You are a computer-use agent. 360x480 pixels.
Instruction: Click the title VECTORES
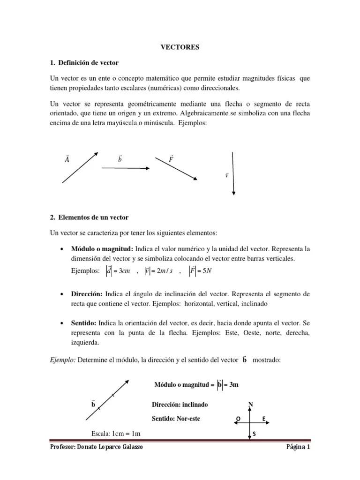[x=180, y=47]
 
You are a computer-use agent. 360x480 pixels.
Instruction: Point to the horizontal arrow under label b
[x=125, y=168]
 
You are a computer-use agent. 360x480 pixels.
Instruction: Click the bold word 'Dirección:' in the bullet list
[x=87, y=293]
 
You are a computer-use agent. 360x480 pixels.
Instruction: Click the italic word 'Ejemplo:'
[x=62, y=360]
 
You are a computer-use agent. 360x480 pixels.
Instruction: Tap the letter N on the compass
[x=251, y=404]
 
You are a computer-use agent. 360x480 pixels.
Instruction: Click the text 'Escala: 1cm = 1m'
[x=116, y=434]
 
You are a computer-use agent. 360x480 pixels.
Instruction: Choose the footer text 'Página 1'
[x=298, y=447]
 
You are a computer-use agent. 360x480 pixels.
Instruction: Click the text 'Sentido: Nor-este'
[x=176, y=418]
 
